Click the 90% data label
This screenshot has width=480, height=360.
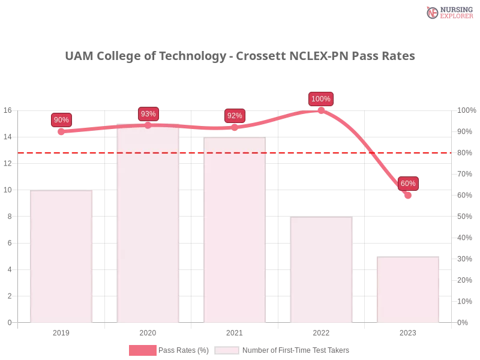pyautogui.click(x=61, y=119)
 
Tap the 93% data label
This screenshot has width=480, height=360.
pyautogui.click(x=148, y=113)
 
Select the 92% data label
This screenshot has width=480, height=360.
pyautogui.click(x=235, y=116)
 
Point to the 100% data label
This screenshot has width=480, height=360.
pyautogui.click(x=321, y=98)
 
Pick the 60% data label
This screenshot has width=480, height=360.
pyautogui.click(x=408, y=183)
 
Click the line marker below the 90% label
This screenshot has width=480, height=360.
pyautogui.click(x=61, y=131)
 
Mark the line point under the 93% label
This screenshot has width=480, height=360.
pyautogui.click(x=148, y=125)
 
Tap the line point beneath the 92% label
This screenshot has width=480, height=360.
pyautogui.click(x=235, y=128)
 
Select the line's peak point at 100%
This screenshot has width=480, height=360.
pyautogui.click(x=321, y=110)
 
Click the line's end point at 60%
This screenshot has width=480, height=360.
pyautogui.click(x=408, y=196)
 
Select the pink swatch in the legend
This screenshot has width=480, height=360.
pyautogui.click(x=142, y=350)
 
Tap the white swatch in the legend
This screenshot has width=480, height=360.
pyautogui.click(x=226, y=350)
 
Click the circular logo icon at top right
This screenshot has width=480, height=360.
pyautogui.click(x=433, y=13)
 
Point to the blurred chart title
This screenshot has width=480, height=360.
pyautogui.click(x=240, y=56)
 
